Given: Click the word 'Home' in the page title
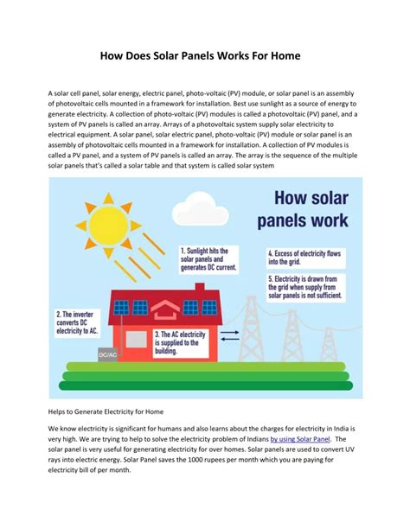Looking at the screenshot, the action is coord(281,56).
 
